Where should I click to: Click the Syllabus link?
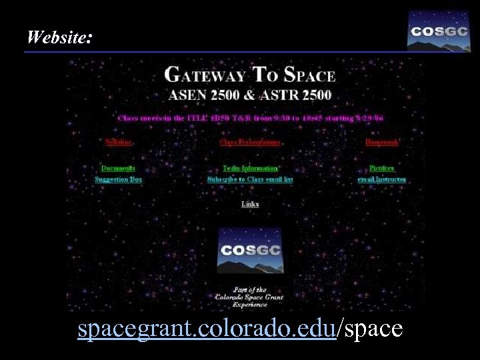click(119, 142)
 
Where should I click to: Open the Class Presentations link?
click(250, 142)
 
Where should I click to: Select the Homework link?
click(381, 142)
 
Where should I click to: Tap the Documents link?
click(118, 169)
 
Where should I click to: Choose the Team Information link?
click(250, 169)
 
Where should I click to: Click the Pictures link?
click(382, 169)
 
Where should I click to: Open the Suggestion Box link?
click(118, 179)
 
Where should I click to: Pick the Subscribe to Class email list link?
click(250, 179)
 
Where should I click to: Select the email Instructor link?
click(382, 179)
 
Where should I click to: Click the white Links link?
click(250, 204)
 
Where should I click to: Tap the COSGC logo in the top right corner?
click(439, 31)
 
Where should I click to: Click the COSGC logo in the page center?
click(250, 251)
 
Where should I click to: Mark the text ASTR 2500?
click(299, 95)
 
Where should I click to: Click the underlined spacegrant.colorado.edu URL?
click(206, 329)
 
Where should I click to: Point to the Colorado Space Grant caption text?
click(250, 297)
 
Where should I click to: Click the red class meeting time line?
click(250, 118)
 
